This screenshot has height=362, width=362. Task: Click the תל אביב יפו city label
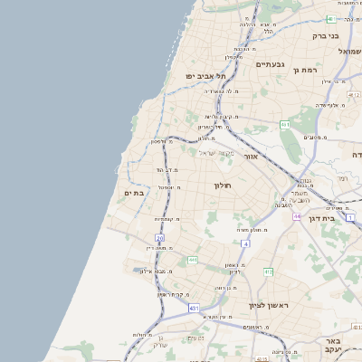coord(203,77)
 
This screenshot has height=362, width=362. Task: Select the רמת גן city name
coord(324,70)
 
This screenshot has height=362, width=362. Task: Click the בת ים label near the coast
coord(133,193)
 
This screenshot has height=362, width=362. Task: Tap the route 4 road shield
coord(244,244)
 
